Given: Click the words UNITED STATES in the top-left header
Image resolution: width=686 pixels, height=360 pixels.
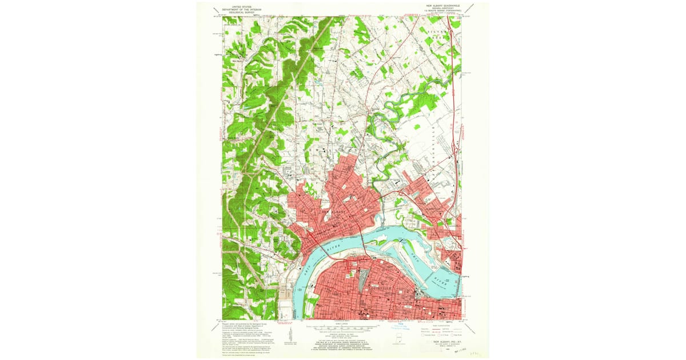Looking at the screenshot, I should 238,6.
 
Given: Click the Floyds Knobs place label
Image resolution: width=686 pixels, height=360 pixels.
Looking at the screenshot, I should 233,137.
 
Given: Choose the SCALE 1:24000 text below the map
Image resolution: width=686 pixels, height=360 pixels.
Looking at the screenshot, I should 343,323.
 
